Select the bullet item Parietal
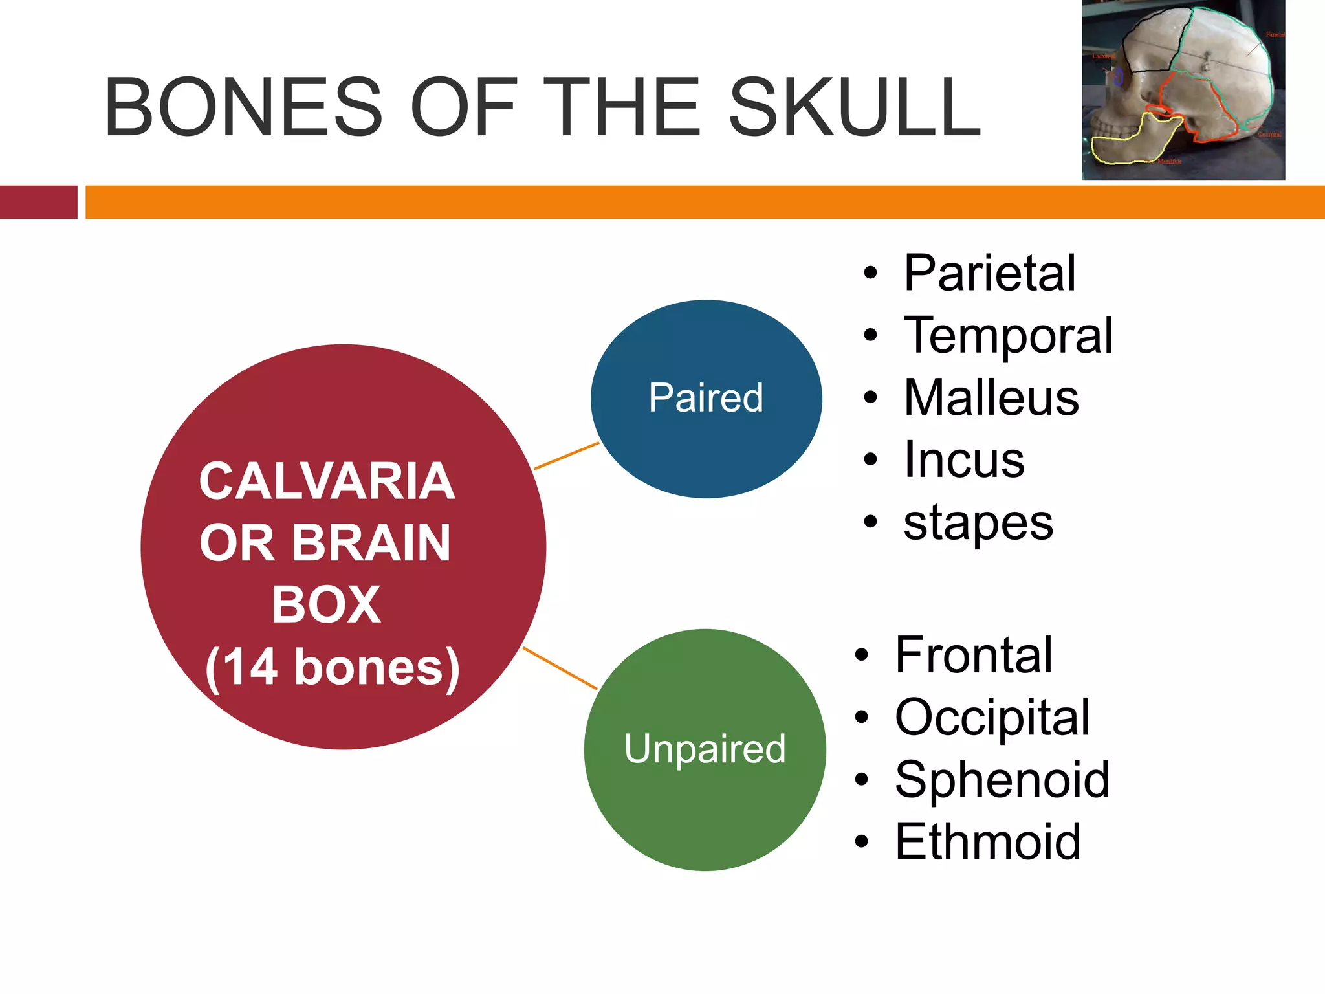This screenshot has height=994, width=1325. coord(989,273)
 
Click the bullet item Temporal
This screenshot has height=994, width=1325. coord(1008,335)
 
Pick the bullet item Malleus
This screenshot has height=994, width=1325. coord(991,397)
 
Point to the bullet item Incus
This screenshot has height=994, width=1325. coord(964,459)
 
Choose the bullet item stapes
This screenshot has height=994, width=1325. coord(978,523)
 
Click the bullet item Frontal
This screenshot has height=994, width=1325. coord(974,655)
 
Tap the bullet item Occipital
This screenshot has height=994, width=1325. coord(992,717)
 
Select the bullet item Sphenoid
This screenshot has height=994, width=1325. coord(1002,779)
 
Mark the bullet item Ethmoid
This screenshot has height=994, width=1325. coord(988,841)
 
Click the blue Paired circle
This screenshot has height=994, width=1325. coord(706,399)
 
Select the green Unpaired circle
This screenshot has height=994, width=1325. coord(705,749)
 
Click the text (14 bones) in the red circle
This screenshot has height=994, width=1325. coord(333,668)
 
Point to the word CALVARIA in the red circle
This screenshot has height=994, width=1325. coord(327,481)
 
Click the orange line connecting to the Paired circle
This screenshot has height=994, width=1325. coord(566,456)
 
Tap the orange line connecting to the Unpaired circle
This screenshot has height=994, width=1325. coord(560,668)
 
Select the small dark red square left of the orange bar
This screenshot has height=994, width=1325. coord(38,202)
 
